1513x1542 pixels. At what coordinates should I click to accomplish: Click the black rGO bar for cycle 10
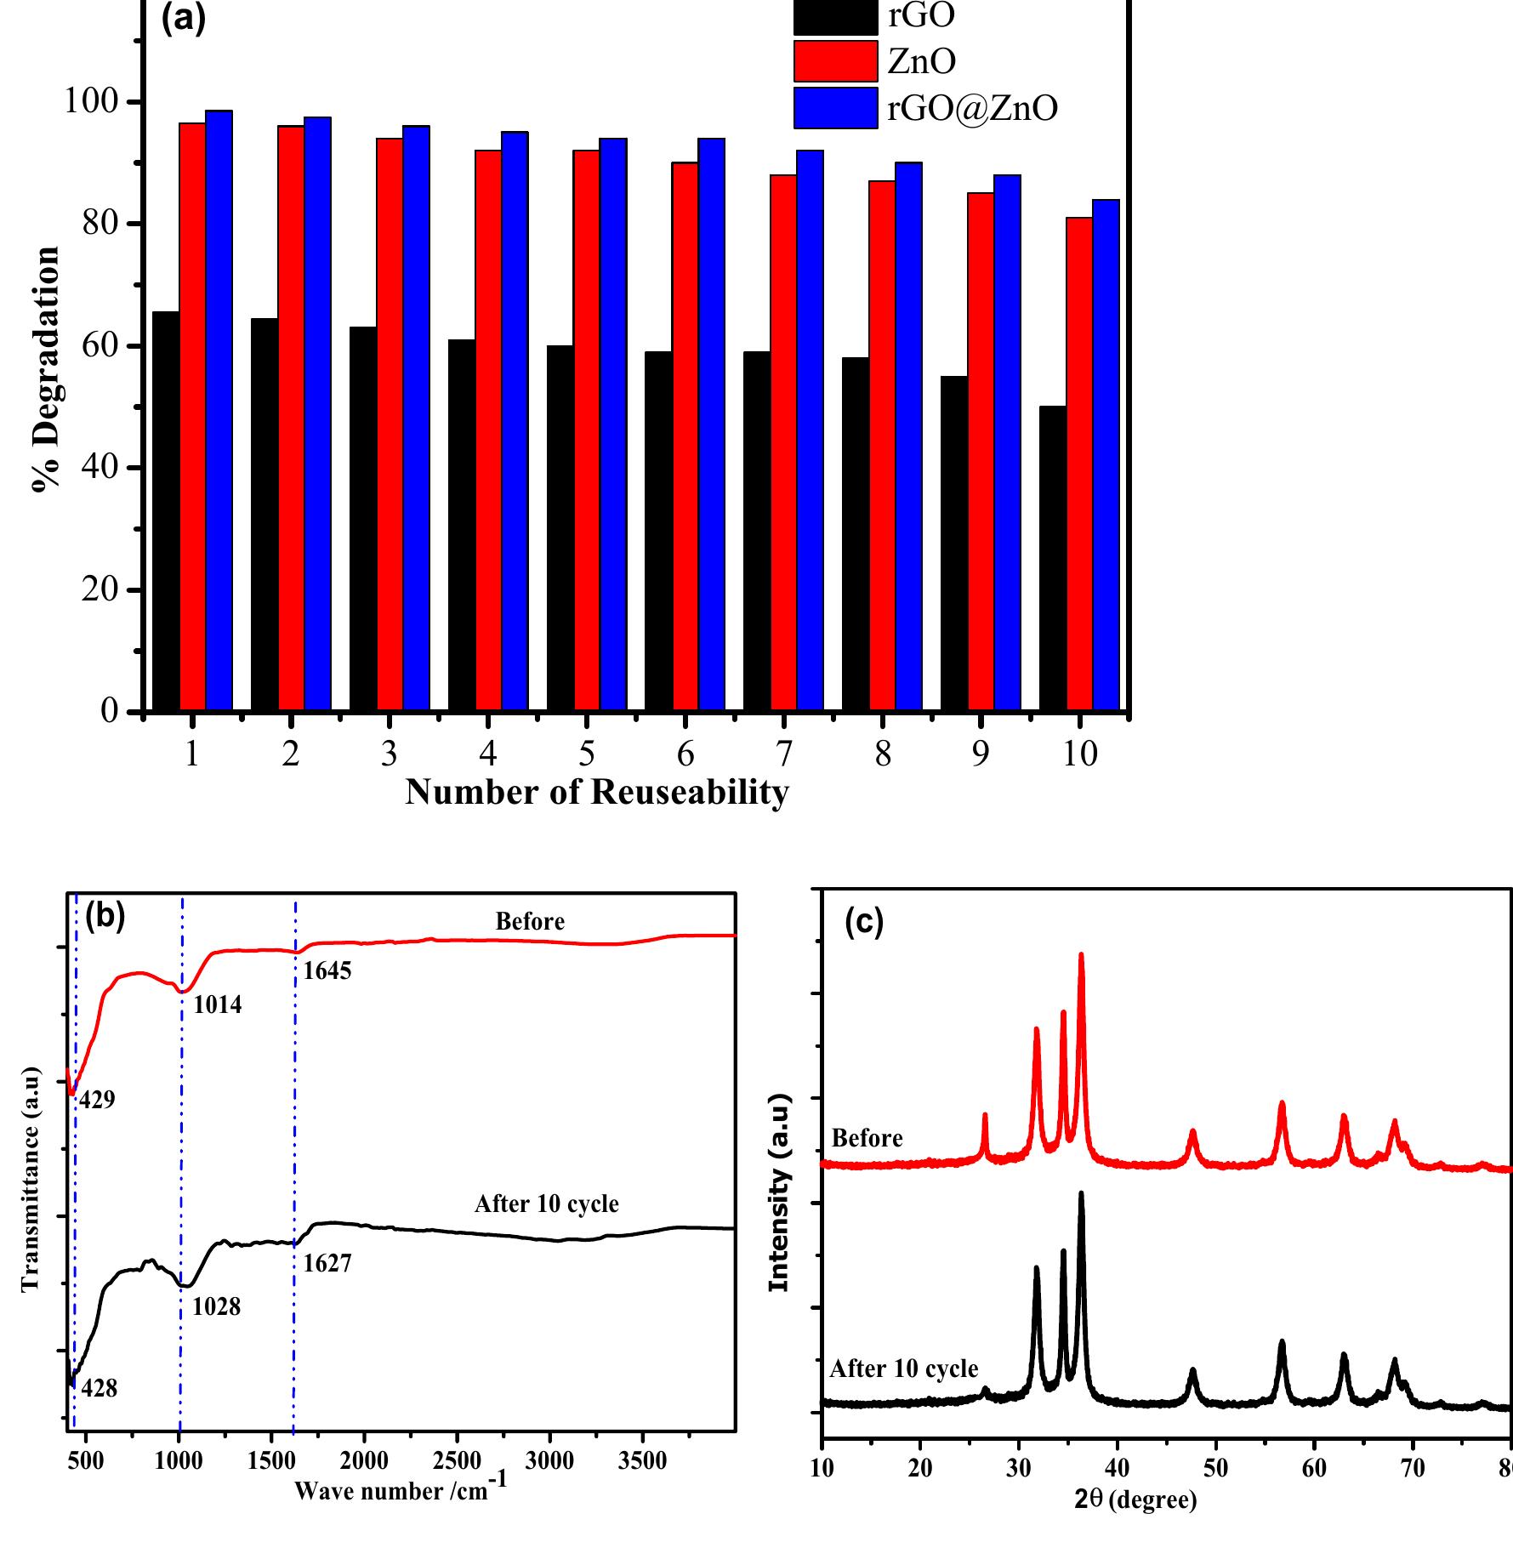point(1052,557)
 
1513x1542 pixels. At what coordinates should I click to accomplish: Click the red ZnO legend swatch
point(834,61)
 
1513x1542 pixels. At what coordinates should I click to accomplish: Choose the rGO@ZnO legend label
point(972,108)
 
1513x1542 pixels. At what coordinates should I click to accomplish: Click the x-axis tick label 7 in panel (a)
point(784,754)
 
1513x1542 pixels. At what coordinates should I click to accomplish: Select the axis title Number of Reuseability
point(597,792)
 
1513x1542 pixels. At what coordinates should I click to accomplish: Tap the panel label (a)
point(184,19)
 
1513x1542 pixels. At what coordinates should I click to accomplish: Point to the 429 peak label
point(97,1101)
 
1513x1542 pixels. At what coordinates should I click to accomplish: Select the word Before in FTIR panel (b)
point(530,922)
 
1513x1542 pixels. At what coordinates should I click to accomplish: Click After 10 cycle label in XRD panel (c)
point(903,1368)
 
